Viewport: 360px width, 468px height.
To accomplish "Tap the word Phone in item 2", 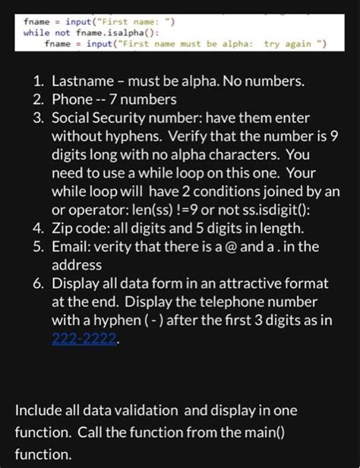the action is (x=72, y=99).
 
